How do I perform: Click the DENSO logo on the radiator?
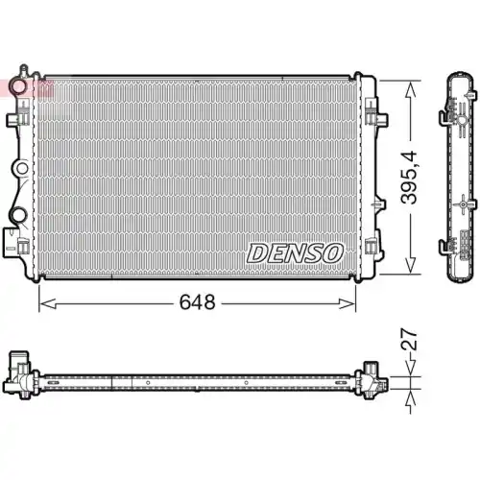click(x=294, y=252)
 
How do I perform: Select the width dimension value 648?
click(x=195, y=300)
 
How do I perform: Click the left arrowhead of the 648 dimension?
click(x=44, y=300)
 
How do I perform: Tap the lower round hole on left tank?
click(x=18, y=213)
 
